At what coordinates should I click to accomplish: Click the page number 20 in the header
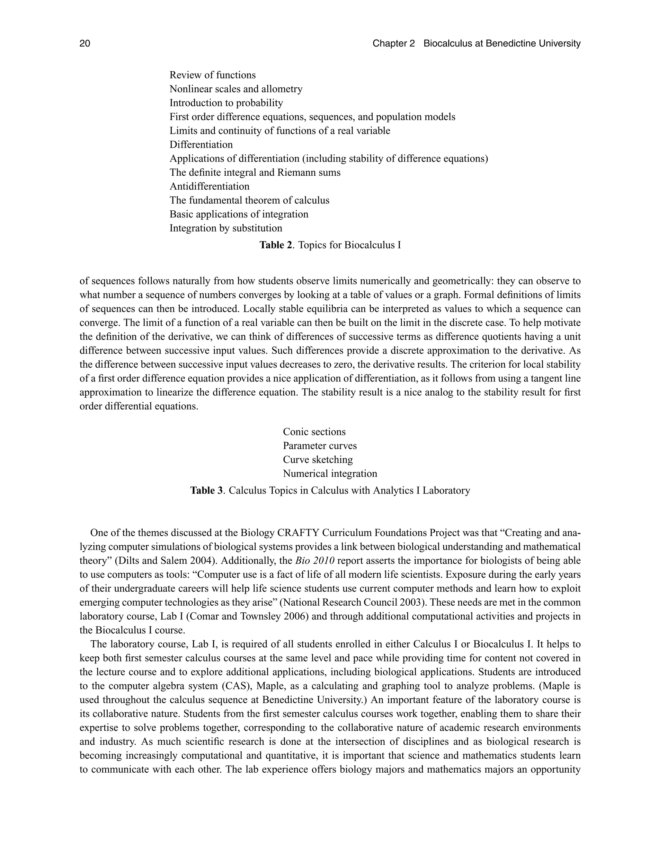[84, 43]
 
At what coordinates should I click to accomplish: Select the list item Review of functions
[212, 75]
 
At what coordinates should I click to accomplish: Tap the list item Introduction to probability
[226, 103]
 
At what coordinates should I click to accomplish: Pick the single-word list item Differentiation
[201, 145]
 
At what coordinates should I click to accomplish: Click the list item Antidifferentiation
[209, 186]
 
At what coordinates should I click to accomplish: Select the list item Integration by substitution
[226, 228]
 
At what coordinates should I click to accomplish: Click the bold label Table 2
[276, 245]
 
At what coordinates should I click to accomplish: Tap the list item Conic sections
[314, 432]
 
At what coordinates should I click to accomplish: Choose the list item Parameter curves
[320, 446]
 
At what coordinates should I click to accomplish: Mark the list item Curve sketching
[318, 460]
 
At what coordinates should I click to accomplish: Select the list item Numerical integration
[330, 473]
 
